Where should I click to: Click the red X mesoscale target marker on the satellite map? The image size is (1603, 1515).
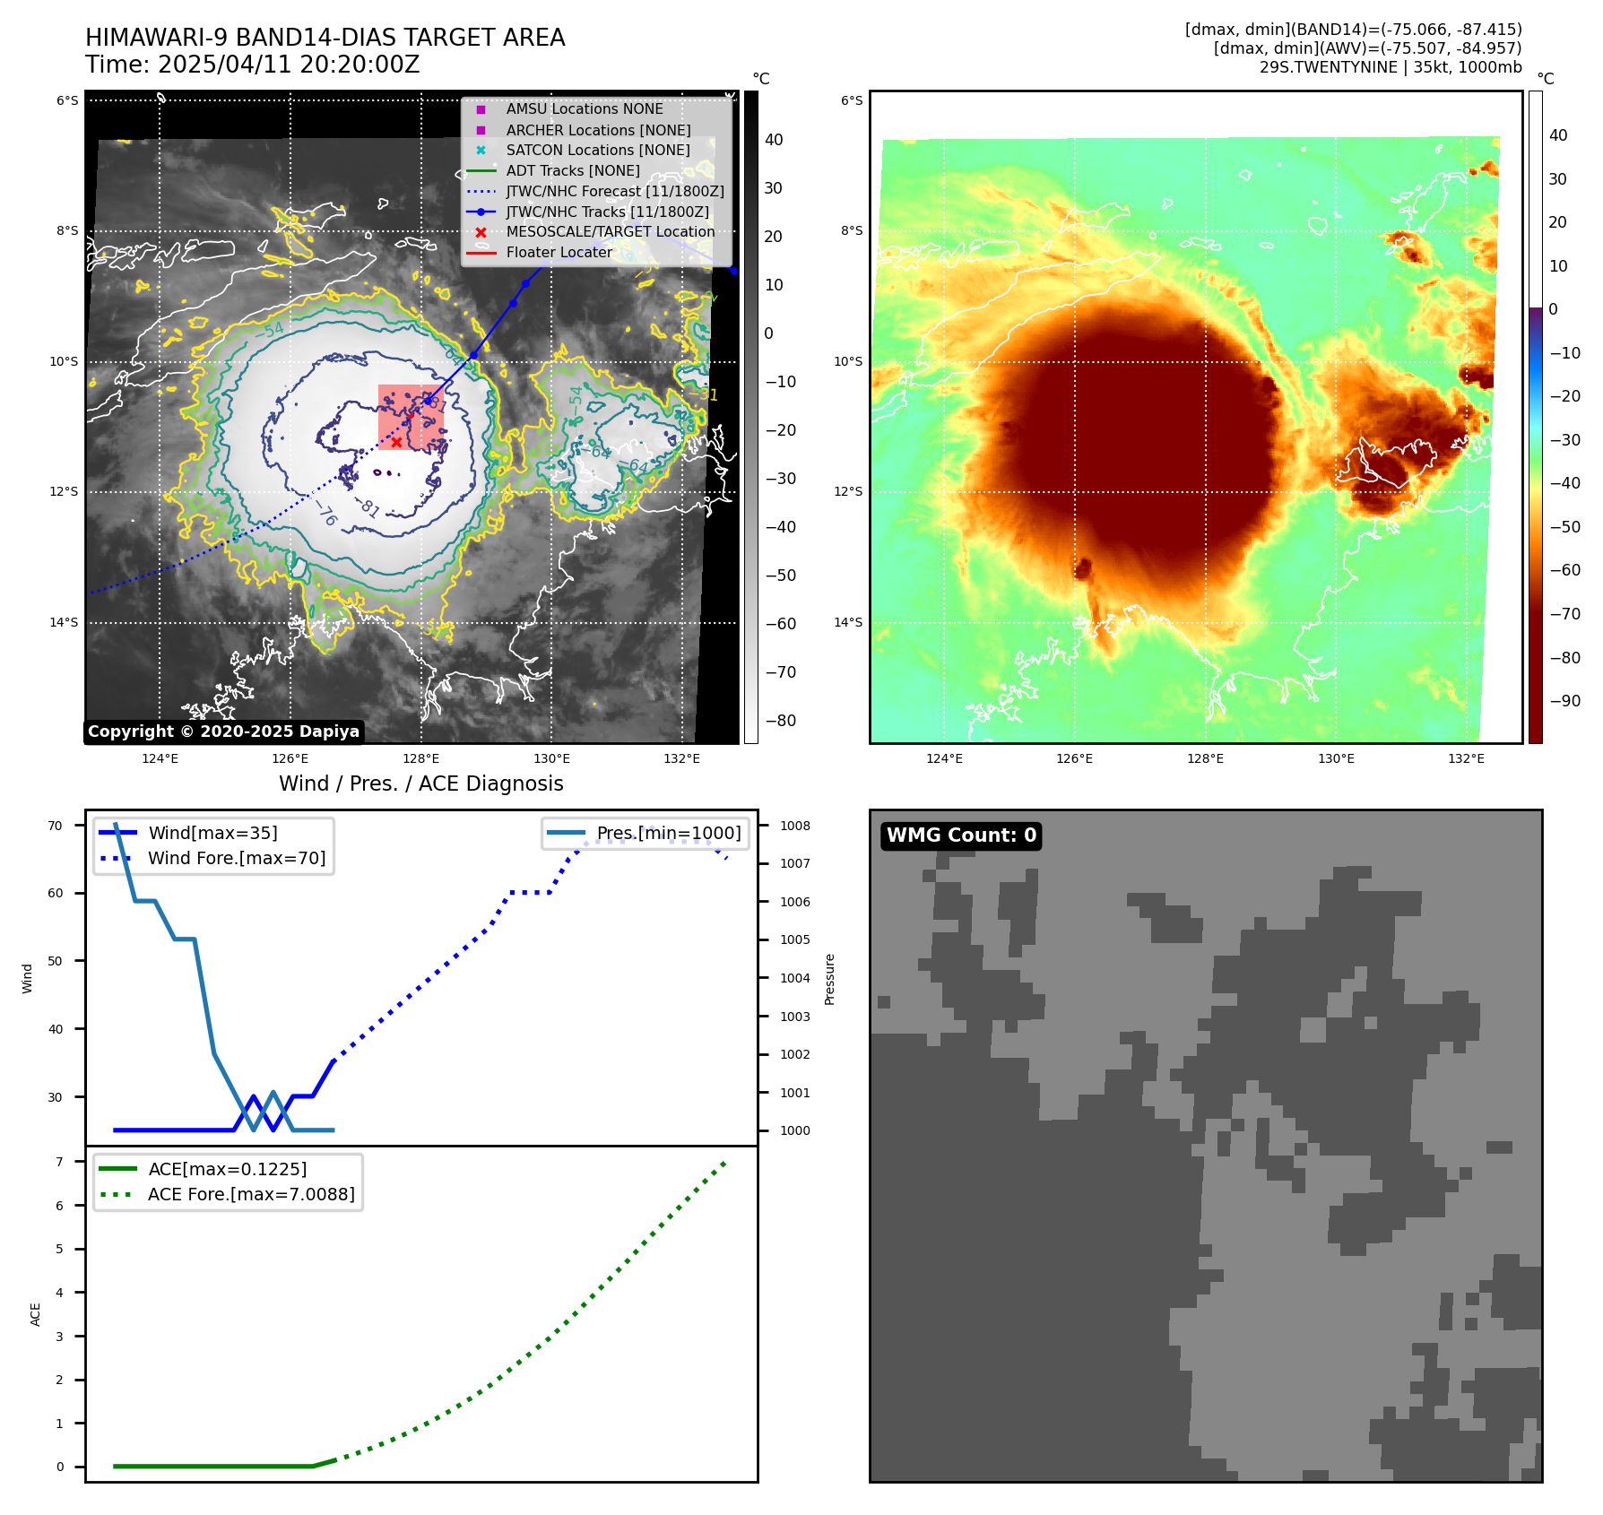396,442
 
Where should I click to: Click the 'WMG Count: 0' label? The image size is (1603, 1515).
961,835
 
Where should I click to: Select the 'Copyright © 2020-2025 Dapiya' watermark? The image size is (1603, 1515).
223,732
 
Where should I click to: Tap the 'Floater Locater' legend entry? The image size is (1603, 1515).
559,252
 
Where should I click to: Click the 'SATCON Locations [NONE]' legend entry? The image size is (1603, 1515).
597,150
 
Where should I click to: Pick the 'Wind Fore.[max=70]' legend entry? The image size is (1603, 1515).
237,858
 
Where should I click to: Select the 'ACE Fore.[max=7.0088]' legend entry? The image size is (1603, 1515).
251,1194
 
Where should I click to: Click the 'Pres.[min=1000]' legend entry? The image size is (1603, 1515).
668,833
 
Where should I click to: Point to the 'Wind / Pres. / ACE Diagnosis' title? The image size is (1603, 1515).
420,783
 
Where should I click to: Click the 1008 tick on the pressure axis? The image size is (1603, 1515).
794,826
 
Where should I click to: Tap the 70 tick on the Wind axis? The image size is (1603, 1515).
56,826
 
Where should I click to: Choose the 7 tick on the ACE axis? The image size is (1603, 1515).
59,1162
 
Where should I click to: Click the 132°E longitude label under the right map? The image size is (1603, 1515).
1466,758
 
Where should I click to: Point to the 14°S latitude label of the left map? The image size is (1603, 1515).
64,622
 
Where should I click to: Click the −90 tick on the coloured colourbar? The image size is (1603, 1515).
1564,701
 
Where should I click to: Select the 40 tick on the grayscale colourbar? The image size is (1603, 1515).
773,140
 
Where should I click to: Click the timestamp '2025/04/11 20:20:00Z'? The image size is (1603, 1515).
289,65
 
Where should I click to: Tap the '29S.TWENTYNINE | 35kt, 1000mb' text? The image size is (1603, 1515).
1390,67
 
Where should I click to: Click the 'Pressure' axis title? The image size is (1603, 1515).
829,979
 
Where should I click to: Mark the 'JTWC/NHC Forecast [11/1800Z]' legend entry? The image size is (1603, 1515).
614,191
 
